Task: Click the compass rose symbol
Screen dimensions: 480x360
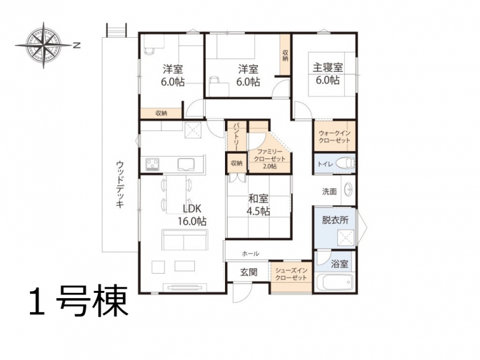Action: [43, 46]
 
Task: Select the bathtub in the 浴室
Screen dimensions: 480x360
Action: [334, 282]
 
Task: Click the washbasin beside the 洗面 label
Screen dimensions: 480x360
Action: [349, 190]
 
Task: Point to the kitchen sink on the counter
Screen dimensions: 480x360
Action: [187, 164]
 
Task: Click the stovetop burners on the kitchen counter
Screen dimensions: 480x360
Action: [152, 164]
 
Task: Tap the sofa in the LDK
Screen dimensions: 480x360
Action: [185, 239]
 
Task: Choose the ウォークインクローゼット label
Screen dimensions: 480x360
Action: [334, 137]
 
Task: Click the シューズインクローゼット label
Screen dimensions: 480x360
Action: [291, 274]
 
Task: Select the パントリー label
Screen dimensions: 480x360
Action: [236, 137]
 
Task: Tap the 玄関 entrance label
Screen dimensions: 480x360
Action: [248, 272]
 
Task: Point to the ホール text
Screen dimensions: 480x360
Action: [250, 253]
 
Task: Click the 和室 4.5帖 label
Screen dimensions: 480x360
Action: [259, 205]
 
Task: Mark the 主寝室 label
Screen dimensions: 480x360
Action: [327, 67]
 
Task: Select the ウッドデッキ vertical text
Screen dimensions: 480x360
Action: [120, 184]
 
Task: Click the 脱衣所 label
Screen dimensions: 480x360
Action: [335, 220]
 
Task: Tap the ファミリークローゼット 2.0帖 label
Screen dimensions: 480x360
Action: [269, 159]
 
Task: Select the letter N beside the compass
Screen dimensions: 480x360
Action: [77, 46]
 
